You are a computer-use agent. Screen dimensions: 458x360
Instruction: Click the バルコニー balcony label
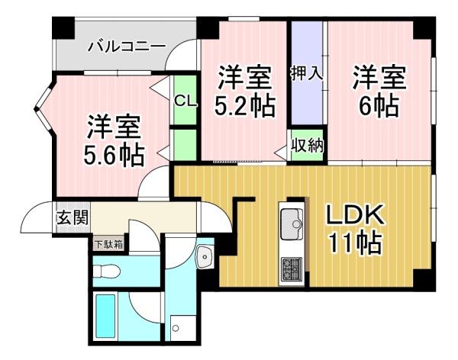click(127, 47)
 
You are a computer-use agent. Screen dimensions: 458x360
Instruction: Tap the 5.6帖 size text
click(114, 155)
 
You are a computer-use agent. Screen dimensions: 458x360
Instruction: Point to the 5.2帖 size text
click(245, 106)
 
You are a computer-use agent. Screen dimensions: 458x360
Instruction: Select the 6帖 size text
click(379, 106)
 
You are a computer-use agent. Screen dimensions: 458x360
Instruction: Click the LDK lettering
click(355, 214)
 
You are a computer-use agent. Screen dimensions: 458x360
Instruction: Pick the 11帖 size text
click(355, 243)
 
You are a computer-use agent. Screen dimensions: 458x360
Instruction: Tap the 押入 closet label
click(307, 72)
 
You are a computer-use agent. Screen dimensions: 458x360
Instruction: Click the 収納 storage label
click(308, 145)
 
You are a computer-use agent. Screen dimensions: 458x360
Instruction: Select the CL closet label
click(185, 101)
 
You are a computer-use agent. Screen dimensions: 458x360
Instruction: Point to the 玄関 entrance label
click(73, 217)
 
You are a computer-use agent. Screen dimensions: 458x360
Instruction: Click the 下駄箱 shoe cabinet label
click(108, 244)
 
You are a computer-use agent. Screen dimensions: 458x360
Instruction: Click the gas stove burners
click(292, 270)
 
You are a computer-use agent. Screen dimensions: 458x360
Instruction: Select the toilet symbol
click(107, 270)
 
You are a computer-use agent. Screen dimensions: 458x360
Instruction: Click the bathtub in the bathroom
click(105, 316)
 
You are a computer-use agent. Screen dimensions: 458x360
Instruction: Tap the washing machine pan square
click(183, 328)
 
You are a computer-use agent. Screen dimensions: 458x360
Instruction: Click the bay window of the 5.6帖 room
click(44, 109)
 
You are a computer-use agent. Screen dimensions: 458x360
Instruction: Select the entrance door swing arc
click(37, 217)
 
